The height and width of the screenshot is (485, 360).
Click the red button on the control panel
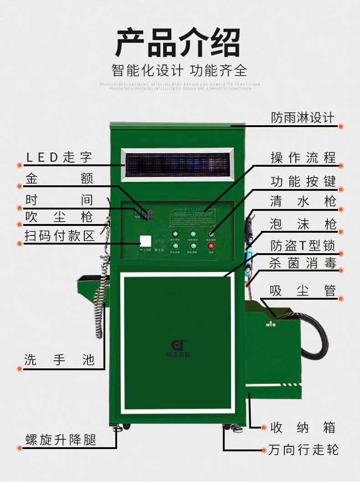point(211,246)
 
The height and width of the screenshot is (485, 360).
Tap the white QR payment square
point(145,241)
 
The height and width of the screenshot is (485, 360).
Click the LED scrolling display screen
point(178,163)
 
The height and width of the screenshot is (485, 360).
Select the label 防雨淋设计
point(303,118)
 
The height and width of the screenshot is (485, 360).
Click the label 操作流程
point(303,158)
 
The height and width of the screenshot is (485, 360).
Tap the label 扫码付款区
point(59,236)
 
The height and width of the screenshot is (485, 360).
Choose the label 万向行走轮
point(303,450)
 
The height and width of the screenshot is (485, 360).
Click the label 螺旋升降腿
point(61,440)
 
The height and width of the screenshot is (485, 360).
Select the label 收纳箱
point(303,428)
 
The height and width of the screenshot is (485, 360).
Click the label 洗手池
point(59,360)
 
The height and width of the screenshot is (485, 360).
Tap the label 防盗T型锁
point(303,246)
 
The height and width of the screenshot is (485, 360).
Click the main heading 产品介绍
point(178,43)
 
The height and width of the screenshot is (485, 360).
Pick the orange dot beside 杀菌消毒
point(341,271)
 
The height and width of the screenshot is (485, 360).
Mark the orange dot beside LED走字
point(20,165)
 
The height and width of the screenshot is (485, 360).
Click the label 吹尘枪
point(59,216)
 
